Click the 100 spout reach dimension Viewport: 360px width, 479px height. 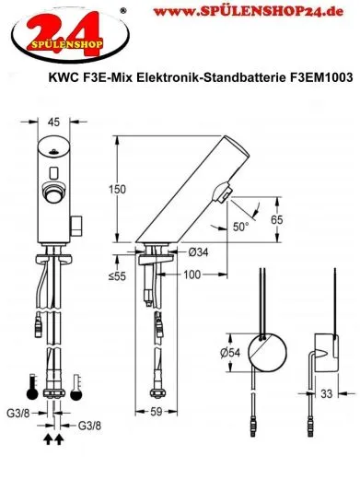192,275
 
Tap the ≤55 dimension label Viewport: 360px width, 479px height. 119,275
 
